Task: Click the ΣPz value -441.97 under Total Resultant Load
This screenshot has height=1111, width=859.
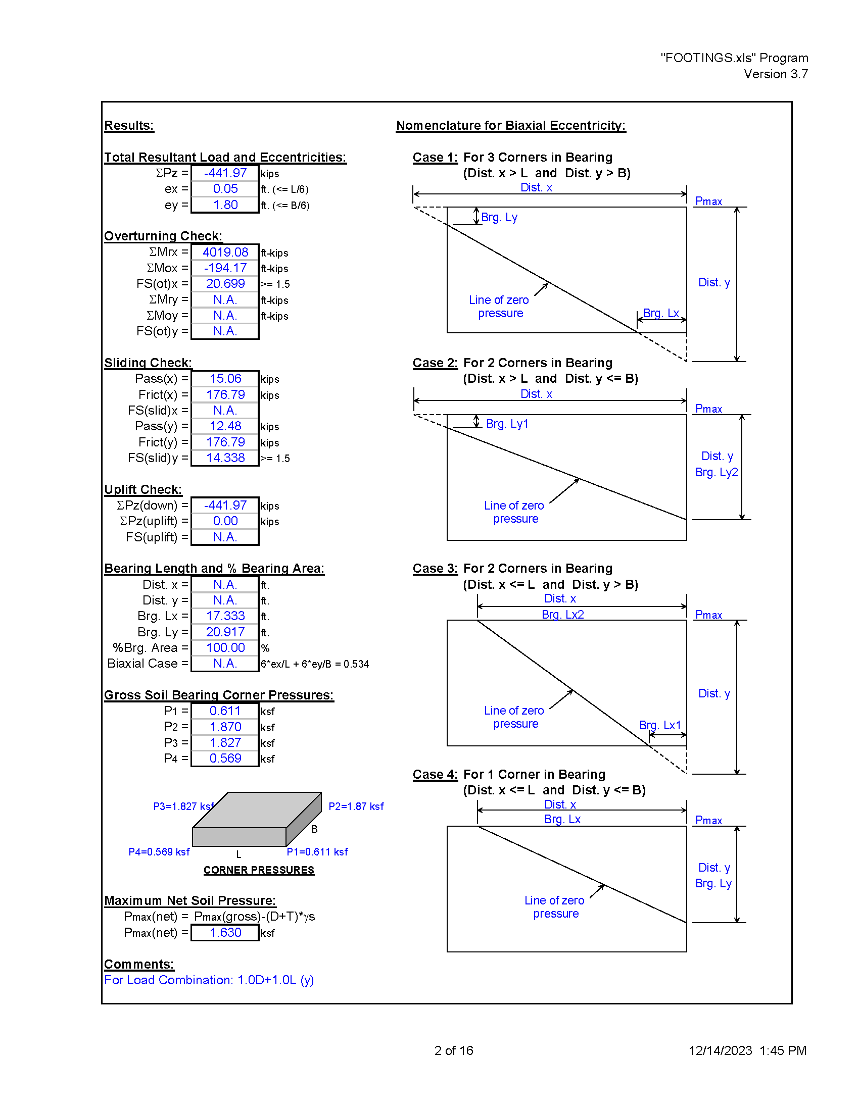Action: pos(225,173)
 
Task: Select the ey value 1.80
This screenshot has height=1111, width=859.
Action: pos(225,205)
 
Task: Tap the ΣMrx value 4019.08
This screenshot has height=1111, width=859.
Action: pos(225,252)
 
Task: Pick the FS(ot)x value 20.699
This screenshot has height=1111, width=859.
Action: pos(225,283)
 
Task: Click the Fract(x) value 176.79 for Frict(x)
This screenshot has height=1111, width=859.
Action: pos(225,394)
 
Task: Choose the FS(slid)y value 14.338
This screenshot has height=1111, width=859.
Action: pos(225,458)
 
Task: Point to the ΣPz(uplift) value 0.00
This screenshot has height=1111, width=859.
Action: pos(225,521)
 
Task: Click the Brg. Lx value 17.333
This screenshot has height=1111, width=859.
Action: pos(225,616)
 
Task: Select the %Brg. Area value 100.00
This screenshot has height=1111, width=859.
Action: pos(225,647)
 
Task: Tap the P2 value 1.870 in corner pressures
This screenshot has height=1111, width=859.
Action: pos(225,727)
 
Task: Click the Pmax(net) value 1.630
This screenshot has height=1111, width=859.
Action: pos(225,932)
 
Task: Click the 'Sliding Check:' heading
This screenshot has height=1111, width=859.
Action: pos(148,363)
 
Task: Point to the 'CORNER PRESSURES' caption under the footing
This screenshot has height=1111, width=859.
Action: pos(259,870)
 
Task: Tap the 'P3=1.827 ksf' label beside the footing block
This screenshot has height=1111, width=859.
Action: pos(184,806)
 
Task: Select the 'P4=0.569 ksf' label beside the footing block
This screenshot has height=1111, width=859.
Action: pos(159,851)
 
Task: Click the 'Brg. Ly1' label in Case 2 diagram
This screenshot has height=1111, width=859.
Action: pos(507,424)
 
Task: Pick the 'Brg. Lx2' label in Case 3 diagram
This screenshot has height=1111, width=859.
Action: pos(563,615)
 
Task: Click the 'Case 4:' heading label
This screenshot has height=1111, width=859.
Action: pos(435,774)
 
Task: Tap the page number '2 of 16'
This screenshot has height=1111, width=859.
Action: pos(454,1050)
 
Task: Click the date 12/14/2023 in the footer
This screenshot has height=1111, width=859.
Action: pos(720,1050)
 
